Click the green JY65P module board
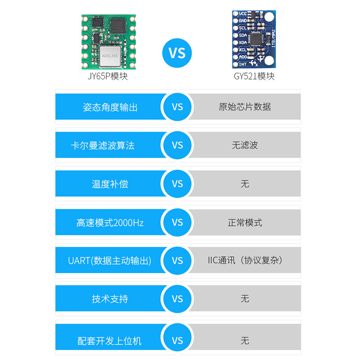108,41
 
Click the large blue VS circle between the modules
177,52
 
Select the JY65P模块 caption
108,76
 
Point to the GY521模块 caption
254,76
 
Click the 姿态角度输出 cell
110,107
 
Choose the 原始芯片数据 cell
245,107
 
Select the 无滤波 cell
245,145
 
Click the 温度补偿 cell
110,184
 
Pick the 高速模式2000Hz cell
110,222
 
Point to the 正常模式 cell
245,222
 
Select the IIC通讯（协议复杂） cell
245,261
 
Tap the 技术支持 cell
110,299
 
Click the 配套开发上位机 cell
110,341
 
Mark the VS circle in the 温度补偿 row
177,184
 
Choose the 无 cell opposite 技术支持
245,299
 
